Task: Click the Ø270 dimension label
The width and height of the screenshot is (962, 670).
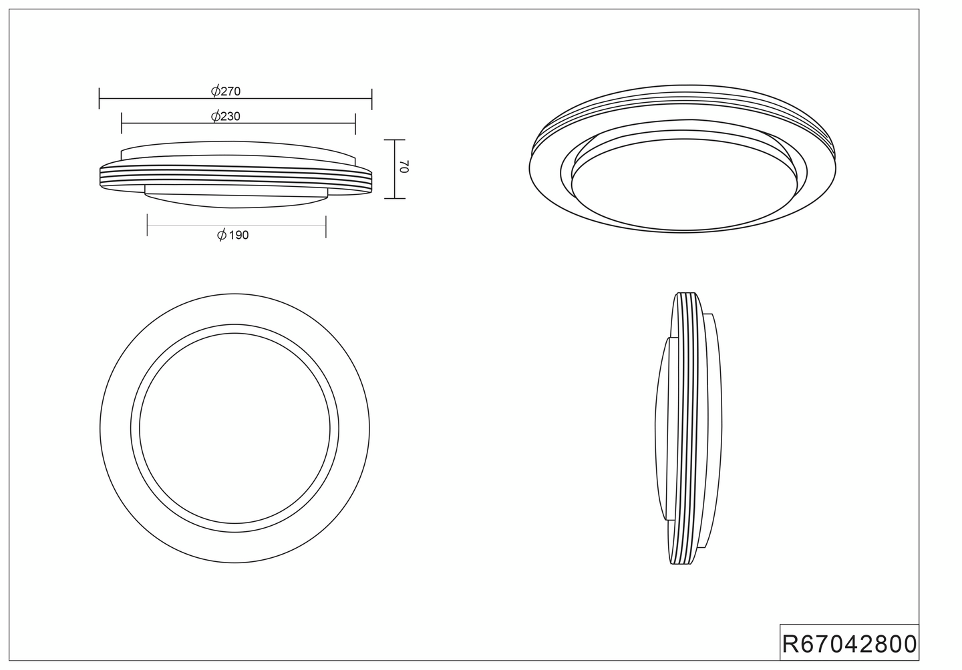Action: pos(226,91)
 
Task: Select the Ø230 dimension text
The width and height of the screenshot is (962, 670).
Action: pos(226,116)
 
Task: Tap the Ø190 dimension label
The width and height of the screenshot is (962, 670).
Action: pos(232,235)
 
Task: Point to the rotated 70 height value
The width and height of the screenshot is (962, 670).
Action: pos(404,166)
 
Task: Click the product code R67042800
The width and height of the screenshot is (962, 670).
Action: pos(850,644)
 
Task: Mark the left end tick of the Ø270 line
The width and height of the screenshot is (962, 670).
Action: pos(99,98)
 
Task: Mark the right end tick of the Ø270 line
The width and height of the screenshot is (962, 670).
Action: pos(372,99)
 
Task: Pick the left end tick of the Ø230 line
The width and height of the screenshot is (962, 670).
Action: pos(122,123)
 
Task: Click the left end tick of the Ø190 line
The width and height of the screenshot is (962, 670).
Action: pos(147,225)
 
